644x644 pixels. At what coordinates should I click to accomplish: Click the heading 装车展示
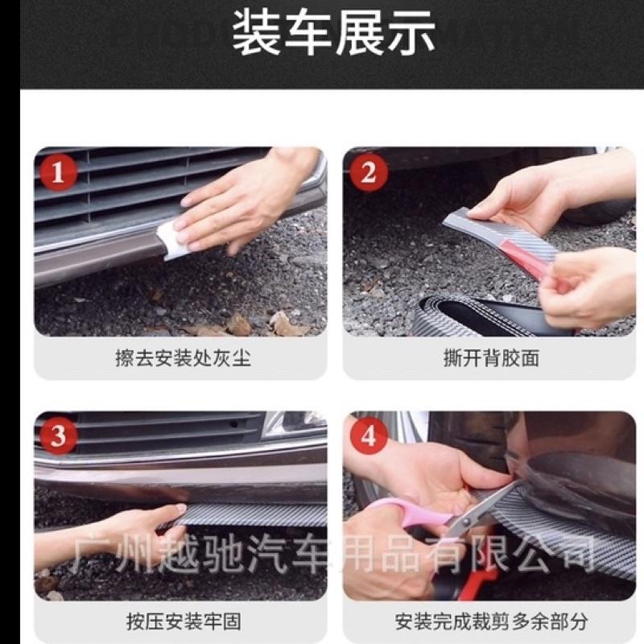(333, 35)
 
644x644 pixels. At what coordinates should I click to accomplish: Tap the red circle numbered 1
(59, 172)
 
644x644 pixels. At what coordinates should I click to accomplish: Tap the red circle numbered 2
(368, 172)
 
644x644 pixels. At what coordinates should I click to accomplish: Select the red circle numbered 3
(59, 436)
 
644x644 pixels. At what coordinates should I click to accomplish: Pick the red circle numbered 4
(368, 436)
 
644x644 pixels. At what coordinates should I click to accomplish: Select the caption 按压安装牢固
(183, 621)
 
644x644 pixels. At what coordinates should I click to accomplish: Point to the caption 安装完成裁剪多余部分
(490, 621)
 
